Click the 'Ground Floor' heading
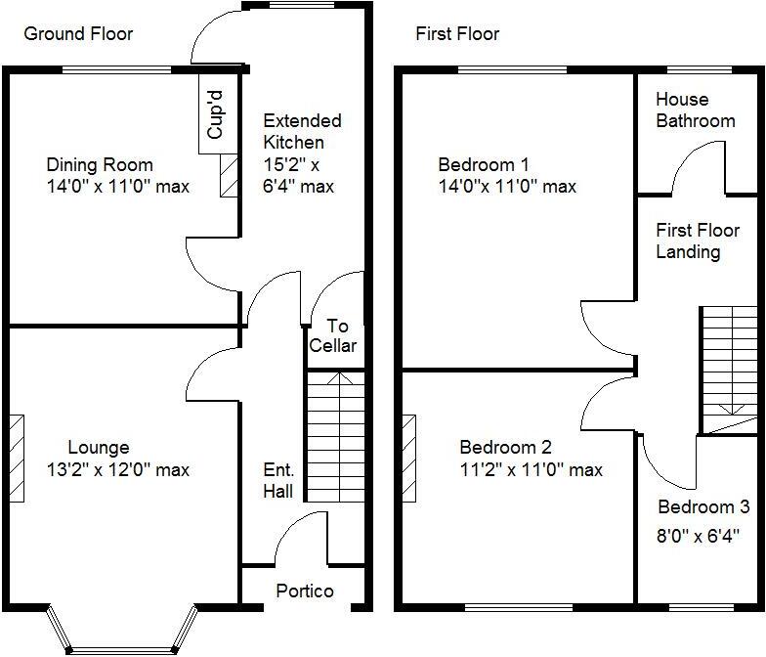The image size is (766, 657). [78, 34]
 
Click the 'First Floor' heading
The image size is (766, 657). [457, 34]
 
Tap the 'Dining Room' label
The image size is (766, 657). [100, 165]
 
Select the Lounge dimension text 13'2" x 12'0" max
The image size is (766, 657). [117, 470]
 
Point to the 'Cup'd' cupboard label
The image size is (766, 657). [216, 113]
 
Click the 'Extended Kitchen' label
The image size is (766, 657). [302, 132]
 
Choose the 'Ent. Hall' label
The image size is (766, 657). [277, 480]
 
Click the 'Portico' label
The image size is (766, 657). [304, 591]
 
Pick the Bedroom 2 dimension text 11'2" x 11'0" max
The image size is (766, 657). [531, 470]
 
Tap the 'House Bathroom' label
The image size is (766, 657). [695, 110]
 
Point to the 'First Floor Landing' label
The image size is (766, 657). [697, 241]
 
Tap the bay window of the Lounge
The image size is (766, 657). [122, 631]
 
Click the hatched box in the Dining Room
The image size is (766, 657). [231, 175]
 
